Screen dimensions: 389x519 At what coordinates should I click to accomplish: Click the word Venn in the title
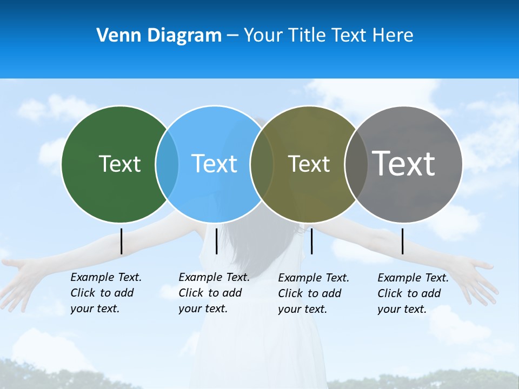click(116, 36)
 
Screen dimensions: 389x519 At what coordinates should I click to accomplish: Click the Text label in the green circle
click(119, 164)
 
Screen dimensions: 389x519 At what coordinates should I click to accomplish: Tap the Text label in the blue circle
click(214, 164)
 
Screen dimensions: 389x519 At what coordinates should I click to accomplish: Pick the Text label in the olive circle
click(309, 164)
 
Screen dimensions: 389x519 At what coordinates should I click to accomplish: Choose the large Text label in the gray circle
click(404, 163)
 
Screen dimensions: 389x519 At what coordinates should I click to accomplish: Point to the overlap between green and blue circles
click(167, 164)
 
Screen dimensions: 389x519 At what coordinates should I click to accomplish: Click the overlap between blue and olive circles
click(262, 164)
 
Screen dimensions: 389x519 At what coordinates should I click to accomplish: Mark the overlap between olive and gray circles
click(356, 164)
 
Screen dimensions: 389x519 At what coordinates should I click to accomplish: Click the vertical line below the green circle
click(122, 241)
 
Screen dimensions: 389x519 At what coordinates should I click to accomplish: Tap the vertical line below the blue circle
click(216, 241)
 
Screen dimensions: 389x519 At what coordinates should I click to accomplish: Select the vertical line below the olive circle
click(311, 241)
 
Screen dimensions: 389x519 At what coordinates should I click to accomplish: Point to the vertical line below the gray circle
click(403, 241)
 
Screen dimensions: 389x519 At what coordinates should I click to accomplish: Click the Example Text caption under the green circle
click(106, 293)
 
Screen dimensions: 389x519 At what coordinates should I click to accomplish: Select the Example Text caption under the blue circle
click(214, 293)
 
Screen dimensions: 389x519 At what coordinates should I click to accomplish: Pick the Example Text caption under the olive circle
click(314, 293)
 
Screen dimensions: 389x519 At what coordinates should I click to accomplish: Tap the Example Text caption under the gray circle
click(413, 293)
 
